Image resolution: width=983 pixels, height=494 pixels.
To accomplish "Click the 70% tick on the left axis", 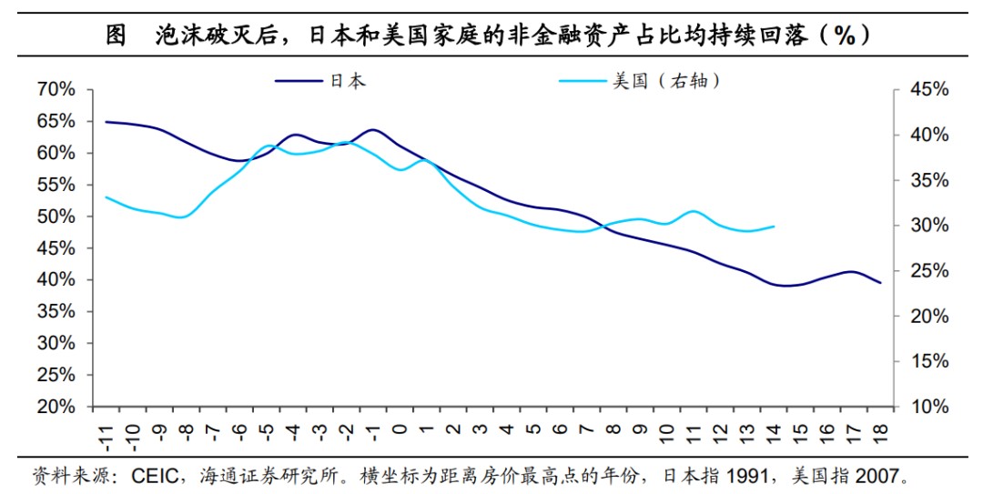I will click(x=56, y=89).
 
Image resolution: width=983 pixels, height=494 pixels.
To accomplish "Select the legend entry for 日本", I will click(x=346, y=81).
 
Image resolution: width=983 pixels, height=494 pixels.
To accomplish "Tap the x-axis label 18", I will click(x=879, y=428).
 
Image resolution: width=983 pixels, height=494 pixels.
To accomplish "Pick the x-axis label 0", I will click(x=400, y=425).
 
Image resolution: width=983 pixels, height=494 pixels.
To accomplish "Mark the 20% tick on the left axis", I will click(x=56, y=407).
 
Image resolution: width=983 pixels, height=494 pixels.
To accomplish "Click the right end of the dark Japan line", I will click(x=880, y=283).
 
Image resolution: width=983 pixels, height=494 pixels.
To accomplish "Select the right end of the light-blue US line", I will click(x=774, y=227).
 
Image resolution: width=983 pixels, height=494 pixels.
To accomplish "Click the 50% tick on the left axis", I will click(x=56, y=217).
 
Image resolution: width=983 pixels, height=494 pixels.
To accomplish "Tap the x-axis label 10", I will click(x=666, y=428).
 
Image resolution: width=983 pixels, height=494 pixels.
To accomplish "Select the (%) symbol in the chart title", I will click(x=846, y=35).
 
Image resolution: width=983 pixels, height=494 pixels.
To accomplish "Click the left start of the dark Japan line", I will click(x=106, y=121).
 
